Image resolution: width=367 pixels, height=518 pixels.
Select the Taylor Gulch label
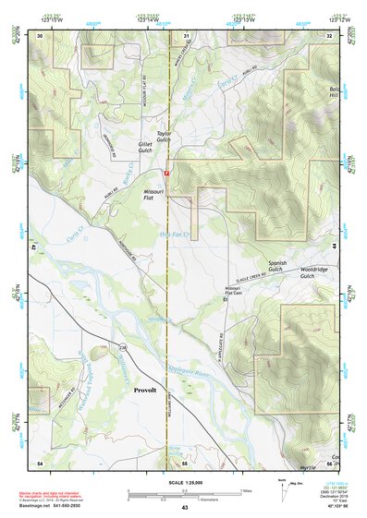click(x=165, y=137)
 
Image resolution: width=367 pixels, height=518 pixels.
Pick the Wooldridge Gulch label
click(x=314, y=272)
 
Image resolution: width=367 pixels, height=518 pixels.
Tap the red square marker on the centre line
click(x=166, y=173)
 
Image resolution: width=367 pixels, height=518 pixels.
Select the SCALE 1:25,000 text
click(x=184, y=483)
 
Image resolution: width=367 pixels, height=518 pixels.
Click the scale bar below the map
click(x=185, y=492)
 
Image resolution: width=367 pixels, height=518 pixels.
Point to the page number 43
click(x=185, y=508)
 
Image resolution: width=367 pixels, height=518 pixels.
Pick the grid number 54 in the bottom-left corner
click(x=40, y=461)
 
